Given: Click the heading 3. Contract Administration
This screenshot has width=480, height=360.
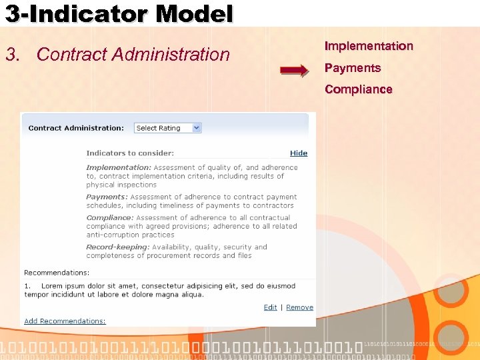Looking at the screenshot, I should [117, 54].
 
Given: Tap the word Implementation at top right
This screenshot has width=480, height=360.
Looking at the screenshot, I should [369, 46].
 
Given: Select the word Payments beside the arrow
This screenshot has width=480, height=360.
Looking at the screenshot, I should [353, 68].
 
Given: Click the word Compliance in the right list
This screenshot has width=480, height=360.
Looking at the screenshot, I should [359, 89].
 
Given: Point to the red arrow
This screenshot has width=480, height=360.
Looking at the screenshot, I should [294, 70].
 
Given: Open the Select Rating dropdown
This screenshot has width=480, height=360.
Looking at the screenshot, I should [167, 128].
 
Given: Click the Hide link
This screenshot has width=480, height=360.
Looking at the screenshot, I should [299, 153].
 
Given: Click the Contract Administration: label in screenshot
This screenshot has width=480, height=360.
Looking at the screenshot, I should [76, 128].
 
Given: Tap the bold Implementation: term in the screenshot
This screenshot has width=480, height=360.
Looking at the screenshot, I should [119, 167].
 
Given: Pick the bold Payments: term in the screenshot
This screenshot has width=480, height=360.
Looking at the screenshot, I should [107, 197].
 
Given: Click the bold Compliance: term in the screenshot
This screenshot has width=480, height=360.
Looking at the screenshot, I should [110, 218].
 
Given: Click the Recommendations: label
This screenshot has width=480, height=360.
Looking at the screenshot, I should [57, 273].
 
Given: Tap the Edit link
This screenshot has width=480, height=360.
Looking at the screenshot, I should [270, 307].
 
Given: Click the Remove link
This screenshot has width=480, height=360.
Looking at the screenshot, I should [299, 307].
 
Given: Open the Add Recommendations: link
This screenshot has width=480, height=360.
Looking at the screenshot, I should [65, 321].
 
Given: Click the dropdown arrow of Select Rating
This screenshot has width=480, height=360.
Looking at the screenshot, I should [196, 128].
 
